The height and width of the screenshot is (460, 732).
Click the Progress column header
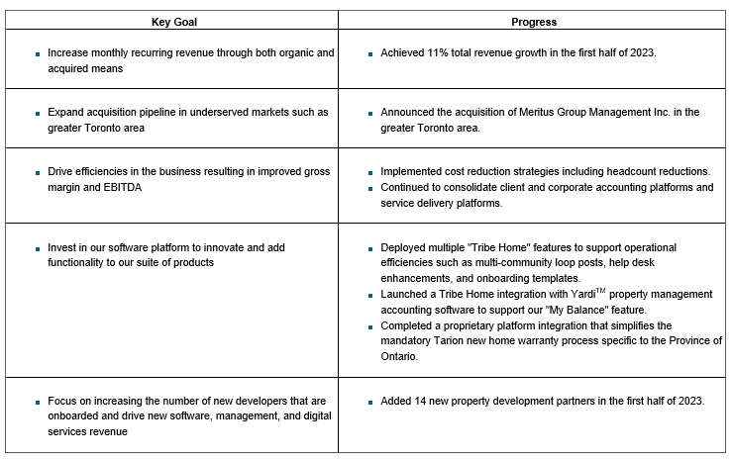tap(533, 21)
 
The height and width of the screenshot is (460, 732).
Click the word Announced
tap(409, 112)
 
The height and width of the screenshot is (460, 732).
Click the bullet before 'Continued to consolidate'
tap(369, 188)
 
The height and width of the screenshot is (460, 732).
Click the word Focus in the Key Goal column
tap(62, 401)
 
